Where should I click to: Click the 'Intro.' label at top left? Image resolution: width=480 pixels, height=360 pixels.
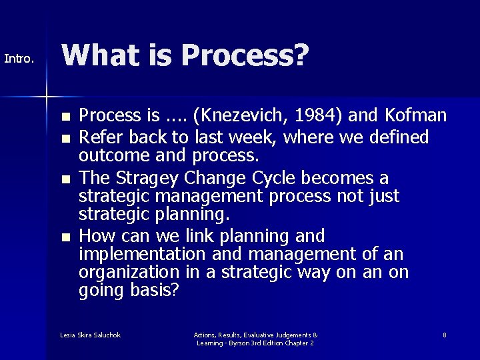pos(19,59)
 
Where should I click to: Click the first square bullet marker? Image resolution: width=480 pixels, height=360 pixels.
pos(64,116)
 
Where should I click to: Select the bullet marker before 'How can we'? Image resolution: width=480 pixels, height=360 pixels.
pos(64,237)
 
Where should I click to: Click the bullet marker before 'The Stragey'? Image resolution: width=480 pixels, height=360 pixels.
pos(64,179)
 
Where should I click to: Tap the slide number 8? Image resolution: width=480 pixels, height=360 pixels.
pos(444,335)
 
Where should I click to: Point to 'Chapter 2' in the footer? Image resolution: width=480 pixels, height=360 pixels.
pos(297,343)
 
